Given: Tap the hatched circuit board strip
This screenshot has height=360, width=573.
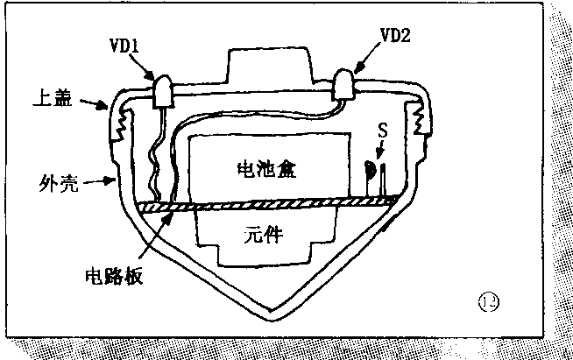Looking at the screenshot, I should tap(263, 205).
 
